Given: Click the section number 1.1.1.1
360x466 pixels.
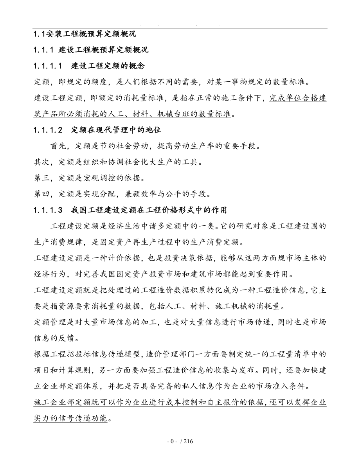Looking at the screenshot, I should pyautogui.click(x=48, y=66).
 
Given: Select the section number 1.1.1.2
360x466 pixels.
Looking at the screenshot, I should pyautogui.click(x=48, y=130).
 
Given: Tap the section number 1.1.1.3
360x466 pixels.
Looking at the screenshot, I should pyautogui.click(x=48, y=210).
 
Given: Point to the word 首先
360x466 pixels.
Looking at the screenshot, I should pyautogui.click(x=58, y=146).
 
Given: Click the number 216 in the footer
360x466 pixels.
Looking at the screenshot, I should pyautogui.click(x=188, y=442).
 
